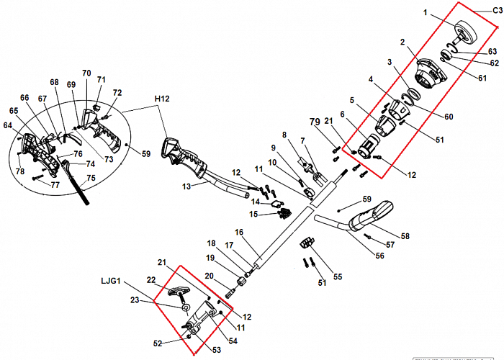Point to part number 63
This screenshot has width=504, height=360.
pos(492,51)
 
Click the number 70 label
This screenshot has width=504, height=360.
pos(86,73)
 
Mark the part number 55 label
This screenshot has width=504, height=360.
pos(338,276)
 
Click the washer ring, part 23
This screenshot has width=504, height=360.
pos(186,309)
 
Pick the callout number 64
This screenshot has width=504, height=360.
pos(8,125)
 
